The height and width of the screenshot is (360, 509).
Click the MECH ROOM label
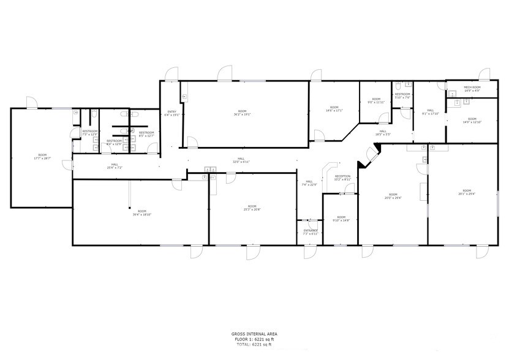(472, 88)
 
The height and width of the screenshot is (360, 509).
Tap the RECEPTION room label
(342, 176)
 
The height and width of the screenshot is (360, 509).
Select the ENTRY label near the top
(172, 112)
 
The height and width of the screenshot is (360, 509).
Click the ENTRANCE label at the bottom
(311, 231)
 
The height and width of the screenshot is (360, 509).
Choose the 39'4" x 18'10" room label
(142, 212)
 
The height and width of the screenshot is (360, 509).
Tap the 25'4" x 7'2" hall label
(115, 166)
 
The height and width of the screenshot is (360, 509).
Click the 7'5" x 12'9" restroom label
(90, 132)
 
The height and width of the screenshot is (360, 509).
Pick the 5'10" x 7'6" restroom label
(402, 96)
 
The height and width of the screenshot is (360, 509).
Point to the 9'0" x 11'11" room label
(376, 100)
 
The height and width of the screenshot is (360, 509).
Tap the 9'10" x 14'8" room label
(341, 219)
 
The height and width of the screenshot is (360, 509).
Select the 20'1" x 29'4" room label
(467, 192)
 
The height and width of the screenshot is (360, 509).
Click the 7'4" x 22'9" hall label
(310, 182)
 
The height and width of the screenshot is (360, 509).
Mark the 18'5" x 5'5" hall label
(382, 132)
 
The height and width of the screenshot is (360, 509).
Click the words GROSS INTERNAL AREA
(254, 334)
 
